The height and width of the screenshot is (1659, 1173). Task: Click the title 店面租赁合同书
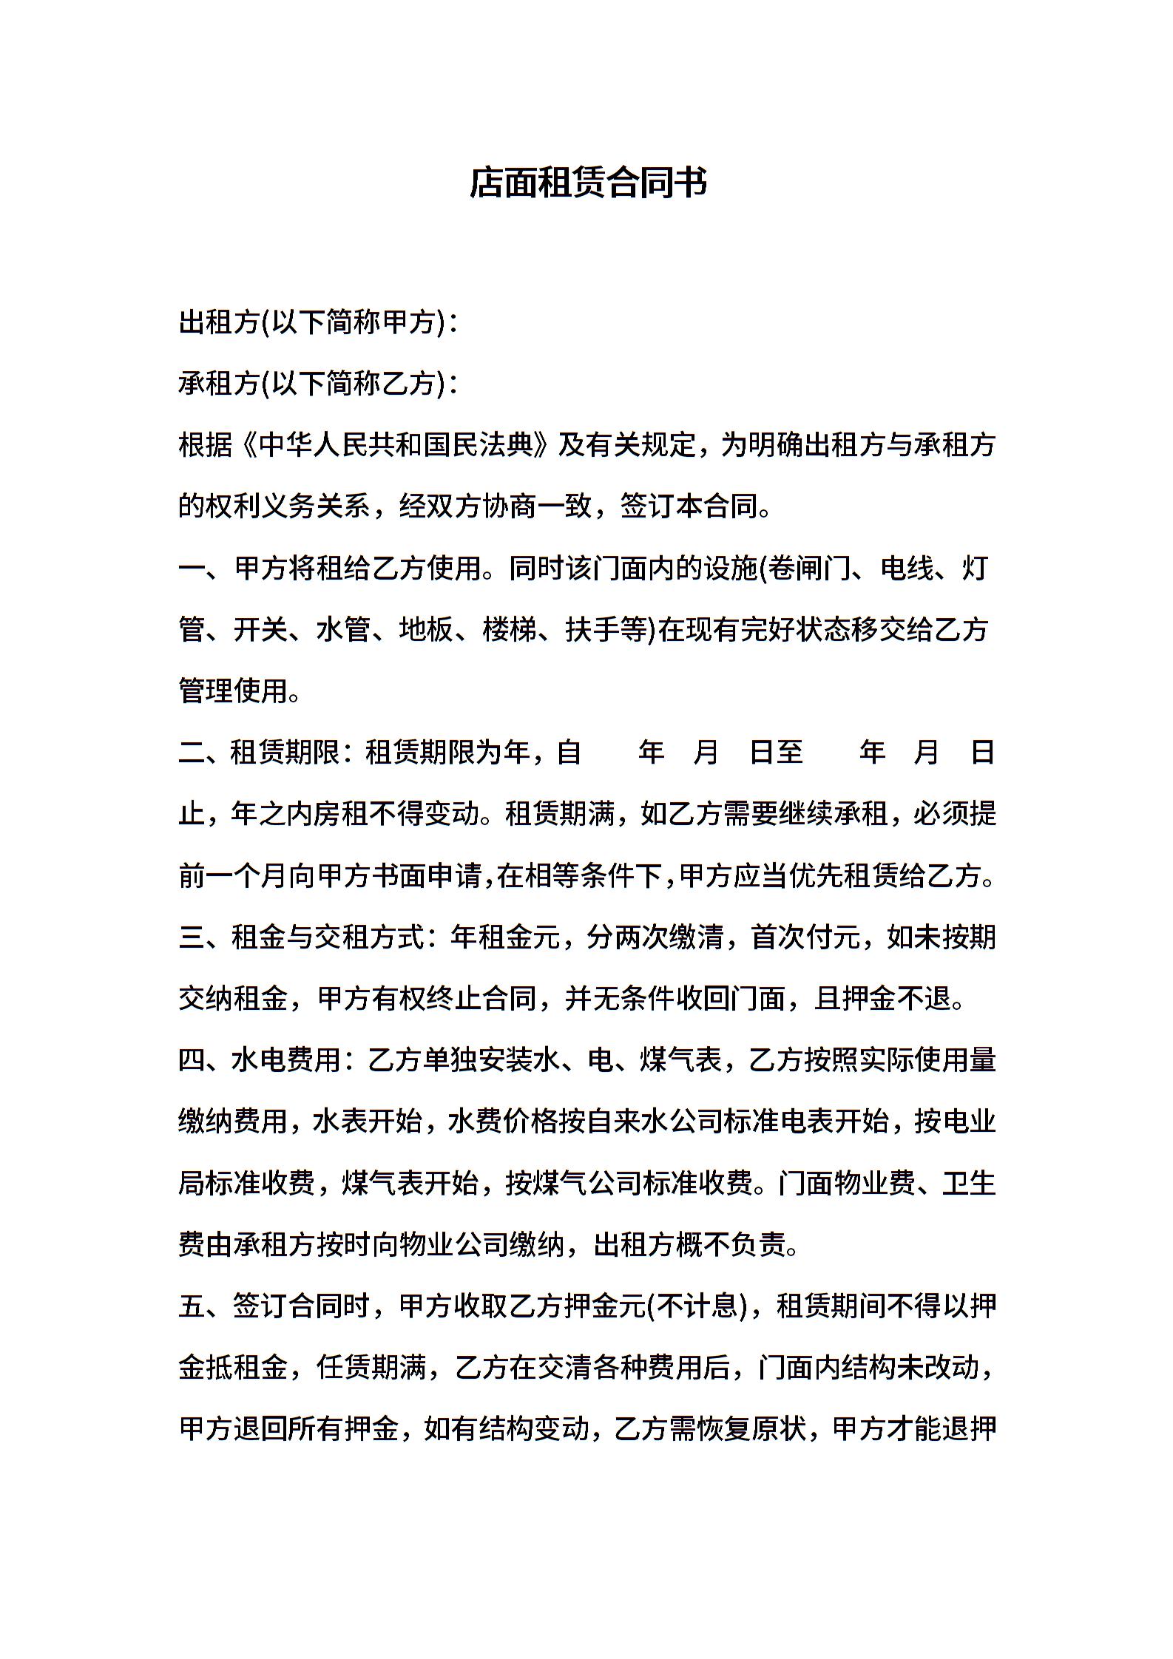click(588, 183)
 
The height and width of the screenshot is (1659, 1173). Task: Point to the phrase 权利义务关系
click(288, 506)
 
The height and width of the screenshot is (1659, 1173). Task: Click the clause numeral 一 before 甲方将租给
click(192, 569)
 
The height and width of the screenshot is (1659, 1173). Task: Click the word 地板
click(426, 630)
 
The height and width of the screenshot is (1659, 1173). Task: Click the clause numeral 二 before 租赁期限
click(192, 753)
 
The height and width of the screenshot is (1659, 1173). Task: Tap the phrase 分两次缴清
click(655, 937)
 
